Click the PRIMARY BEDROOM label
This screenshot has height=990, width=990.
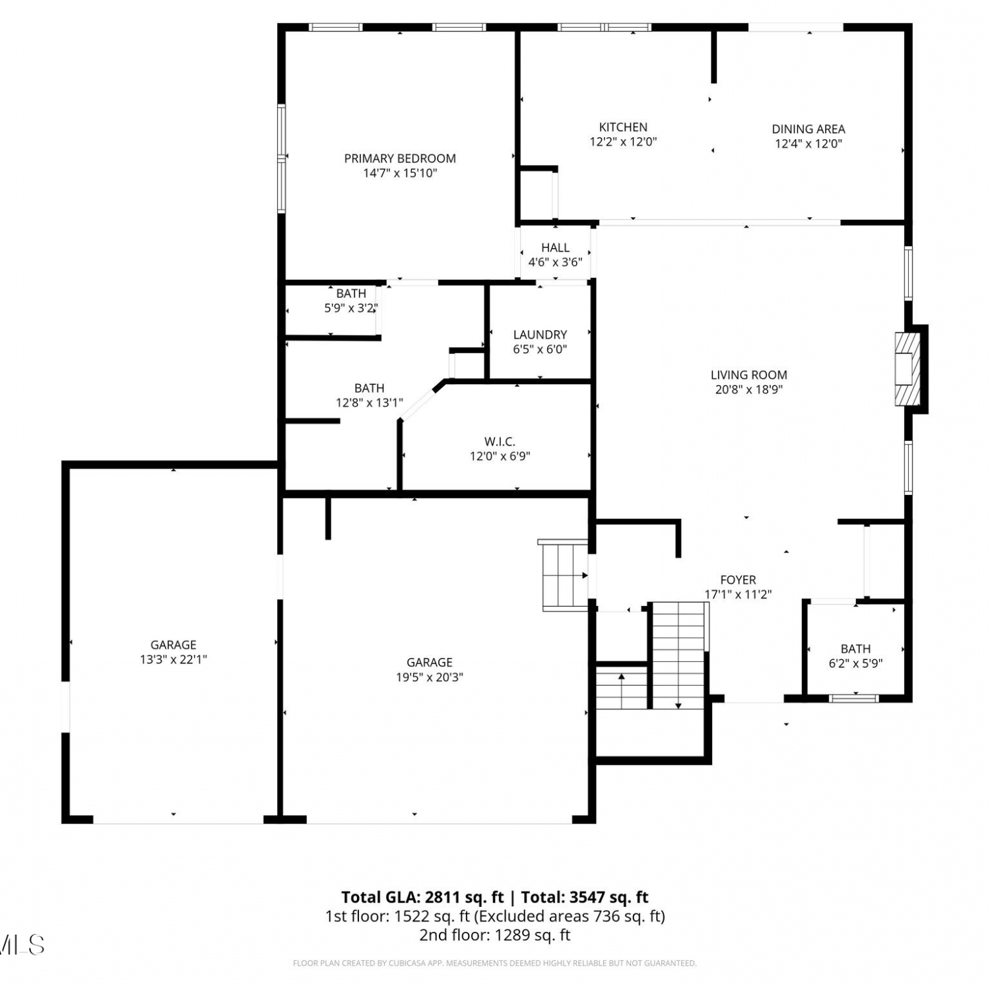(400, 158)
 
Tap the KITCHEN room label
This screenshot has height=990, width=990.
(623, 127)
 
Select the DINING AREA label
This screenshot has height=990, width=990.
(808, 129)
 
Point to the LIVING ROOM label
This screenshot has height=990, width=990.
(749, 374)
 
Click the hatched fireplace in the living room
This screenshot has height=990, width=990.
(907, 369)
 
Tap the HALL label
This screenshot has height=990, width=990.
(555, 247)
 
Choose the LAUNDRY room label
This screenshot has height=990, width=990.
(540, 335)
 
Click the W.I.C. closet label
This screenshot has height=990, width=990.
(500, 442)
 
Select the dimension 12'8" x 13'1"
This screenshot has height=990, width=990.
(370, 403)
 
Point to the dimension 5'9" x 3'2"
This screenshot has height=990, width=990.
(350, 308)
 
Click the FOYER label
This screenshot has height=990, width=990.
(738, 579)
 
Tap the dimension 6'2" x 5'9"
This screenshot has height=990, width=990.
(855, 663)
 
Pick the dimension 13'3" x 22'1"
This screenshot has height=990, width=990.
(174, 659)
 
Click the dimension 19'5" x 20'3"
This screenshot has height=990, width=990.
(430, 676)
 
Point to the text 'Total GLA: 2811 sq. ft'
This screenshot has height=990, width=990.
(422, 897)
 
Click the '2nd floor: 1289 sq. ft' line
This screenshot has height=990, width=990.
(495, 935)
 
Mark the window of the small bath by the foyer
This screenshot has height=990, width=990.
(854, 698)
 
